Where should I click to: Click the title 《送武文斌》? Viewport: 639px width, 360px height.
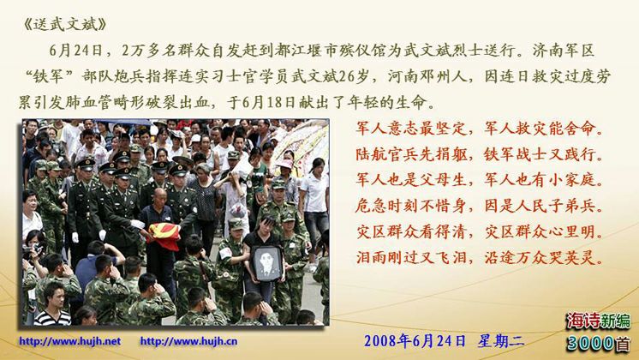tap(65, 25)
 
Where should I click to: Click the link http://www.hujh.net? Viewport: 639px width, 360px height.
tap(69, 341)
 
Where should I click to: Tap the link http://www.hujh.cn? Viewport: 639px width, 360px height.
tap(188, 341)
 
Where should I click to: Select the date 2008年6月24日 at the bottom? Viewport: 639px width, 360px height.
tap(415, 341)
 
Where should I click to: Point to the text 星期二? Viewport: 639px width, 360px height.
tap(501, 341)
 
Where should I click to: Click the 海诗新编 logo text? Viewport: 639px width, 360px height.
tap(598, 321)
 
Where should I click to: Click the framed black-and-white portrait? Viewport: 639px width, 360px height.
tap(267, 263)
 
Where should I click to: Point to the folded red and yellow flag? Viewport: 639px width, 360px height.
tap(164, 236)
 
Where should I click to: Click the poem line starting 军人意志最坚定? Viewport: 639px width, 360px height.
tap(480, 129)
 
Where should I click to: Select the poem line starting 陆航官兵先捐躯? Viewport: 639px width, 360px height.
tap(480, 154)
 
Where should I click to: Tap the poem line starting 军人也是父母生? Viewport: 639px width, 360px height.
tap(480, 180)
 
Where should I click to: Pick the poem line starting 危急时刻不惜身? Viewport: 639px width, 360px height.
tap(480, 206)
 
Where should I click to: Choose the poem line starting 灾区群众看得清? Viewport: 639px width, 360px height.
tap(480, 231)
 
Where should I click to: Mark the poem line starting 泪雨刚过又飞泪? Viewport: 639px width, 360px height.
tap(480, 257)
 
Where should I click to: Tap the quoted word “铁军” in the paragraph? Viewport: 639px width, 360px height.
tap(49, 76)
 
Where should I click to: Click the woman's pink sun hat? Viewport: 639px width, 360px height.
tap(285, 164)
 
